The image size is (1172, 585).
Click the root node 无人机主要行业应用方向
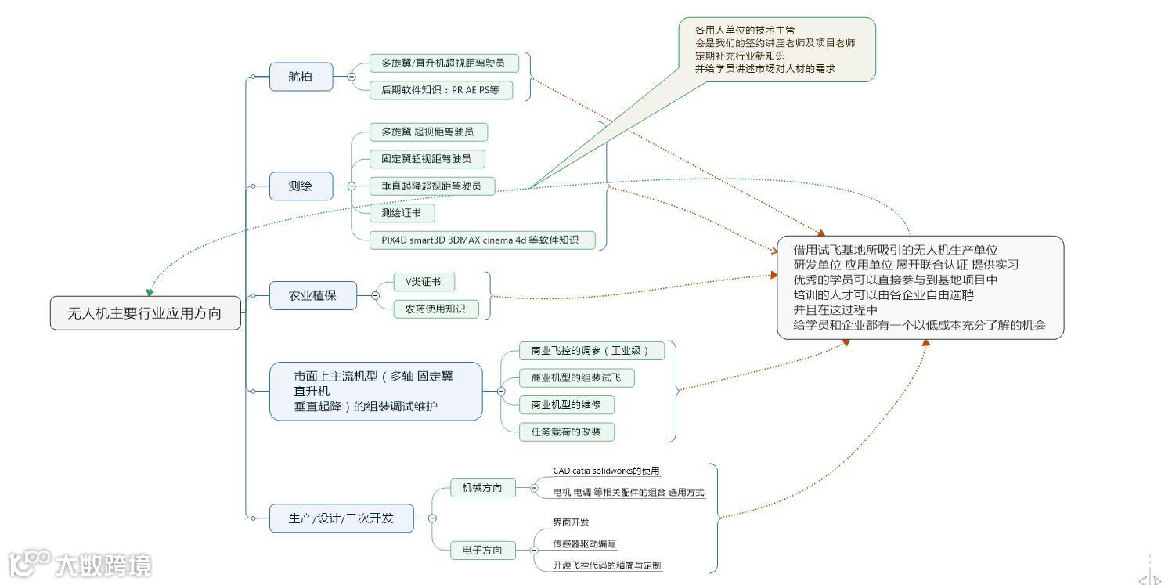(145, 313)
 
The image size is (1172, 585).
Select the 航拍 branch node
(300, 77)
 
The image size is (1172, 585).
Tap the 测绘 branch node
(300, 186)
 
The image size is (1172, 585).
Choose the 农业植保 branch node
(312, 297)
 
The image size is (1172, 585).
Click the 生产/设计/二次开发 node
(341, 518)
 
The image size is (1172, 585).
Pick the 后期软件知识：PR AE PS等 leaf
(441, 90)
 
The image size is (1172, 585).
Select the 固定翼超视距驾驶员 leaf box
(427, 159)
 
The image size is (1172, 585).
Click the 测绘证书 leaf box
(402, 212)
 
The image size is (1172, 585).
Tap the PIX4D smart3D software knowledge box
(481, 240)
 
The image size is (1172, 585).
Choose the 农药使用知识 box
(436, 309)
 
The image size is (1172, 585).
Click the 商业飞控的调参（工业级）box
(591, 351)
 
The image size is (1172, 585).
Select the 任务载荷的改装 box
(567, 432)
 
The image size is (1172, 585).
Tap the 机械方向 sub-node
(483, 488)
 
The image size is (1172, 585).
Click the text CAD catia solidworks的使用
(606, 471)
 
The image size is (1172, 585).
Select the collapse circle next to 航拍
(352, 77)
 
